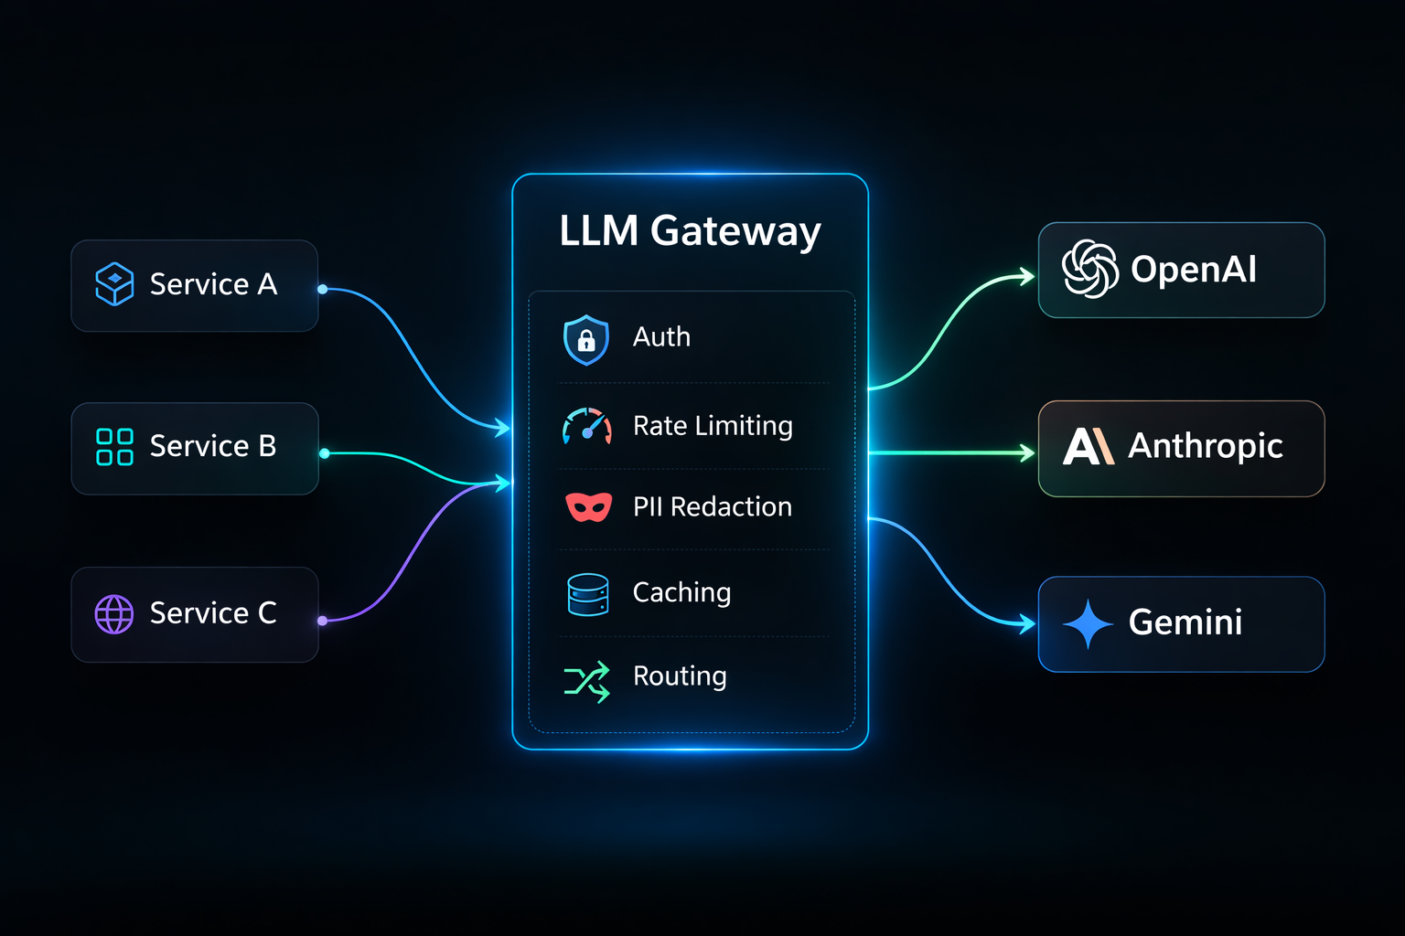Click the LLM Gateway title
point(690,232)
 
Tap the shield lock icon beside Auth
point(585,340)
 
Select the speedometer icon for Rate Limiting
point(587,426)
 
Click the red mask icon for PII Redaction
point(588,506)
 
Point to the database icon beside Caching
point(588,594)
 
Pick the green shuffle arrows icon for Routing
point(587,682)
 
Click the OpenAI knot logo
point(1090,269)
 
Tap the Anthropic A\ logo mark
point(1089,446)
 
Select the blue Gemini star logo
point(1089,623)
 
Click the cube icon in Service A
point(114,284)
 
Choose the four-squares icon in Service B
point(114,447)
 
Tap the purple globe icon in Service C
point(114,614)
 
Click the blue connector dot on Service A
point(322,289)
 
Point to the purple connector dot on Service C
point(322,621)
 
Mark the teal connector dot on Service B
point(325,453)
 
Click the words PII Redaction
point(713,506)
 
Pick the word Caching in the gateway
point(681,593)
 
